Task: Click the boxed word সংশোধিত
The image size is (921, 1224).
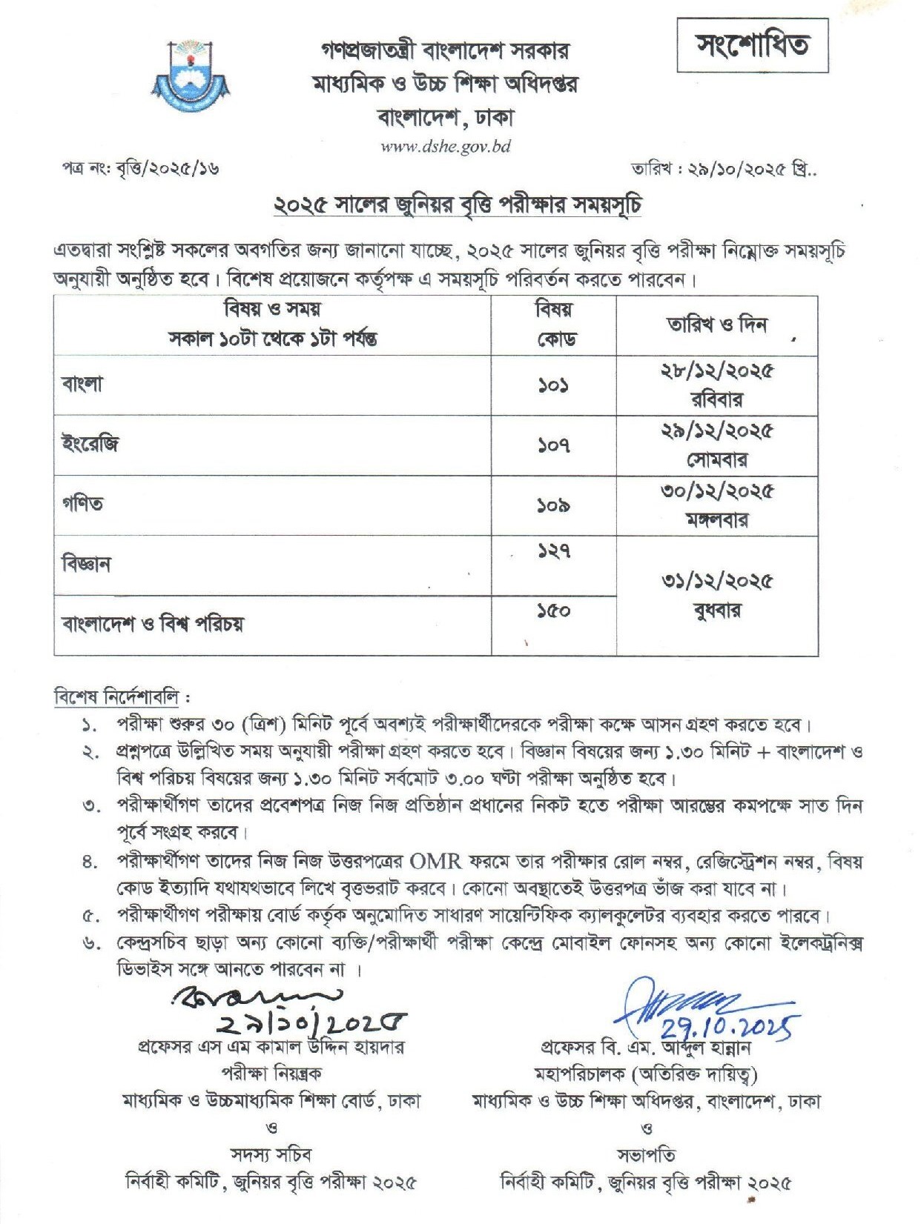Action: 752,45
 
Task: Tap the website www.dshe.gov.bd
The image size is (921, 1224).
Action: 446,146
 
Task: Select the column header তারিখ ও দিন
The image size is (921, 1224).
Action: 716,325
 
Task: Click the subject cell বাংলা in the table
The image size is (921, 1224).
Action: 82,384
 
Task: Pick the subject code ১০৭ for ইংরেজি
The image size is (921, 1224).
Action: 553,445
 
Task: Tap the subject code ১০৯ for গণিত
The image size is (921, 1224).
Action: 553,506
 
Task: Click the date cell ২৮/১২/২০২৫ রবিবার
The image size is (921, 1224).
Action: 716,385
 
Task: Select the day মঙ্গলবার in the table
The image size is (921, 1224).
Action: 716,520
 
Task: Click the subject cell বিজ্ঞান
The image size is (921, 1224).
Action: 86,564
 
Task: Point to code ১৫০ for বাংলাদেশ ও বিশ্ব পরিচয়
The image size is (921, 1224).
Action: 553,611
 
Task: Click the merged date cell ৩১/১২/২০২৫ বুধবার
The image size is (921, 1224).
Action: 716,596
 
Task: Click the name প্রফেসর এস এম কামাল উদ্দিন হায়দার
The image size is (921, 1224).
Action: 271,1048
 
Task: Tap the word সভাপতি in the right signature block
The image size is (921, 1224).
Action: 646,1154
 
